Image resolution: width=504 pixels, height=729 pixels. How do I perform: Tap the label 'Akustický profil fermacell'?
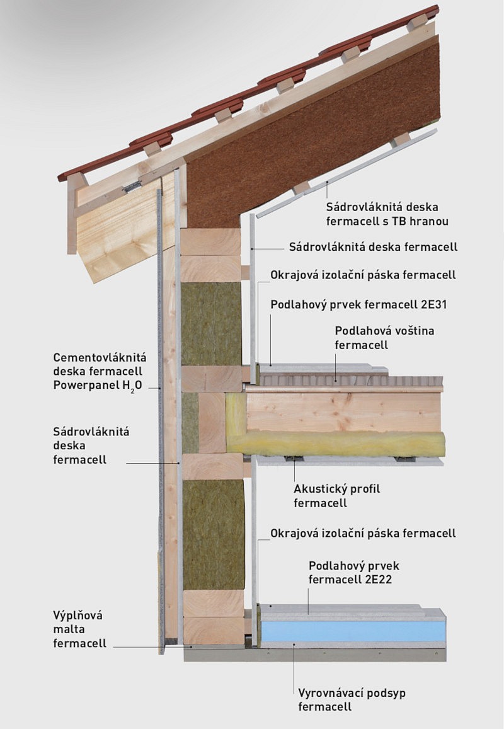[x=336, y=496]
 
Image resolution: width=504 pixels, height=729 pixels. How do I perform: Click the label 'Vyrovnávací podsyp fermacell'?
[x=352, y=699]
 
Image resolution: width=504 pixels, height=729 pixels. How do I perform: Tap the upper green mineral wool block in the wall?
[x=212, y=323]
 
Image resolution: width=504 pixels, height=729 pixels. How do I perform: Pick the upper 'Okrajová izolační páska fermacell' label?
[x=363, y=275]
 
